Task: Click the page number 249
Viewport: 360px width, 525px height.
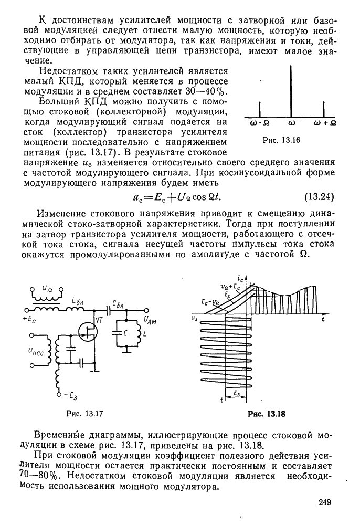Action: click(x=325, y=502)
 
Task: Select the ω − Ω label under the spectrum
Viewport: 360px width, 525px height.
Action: click(x=260, y=124)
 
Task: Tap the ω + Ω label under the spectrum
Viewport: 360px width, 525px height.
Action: click(x=325, y=124)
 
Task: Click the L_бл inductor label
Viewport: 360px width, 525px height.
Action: click(x=78, y=299)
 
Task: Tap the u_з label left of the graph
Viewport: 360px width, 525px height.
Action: click(x=195, y=318)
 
